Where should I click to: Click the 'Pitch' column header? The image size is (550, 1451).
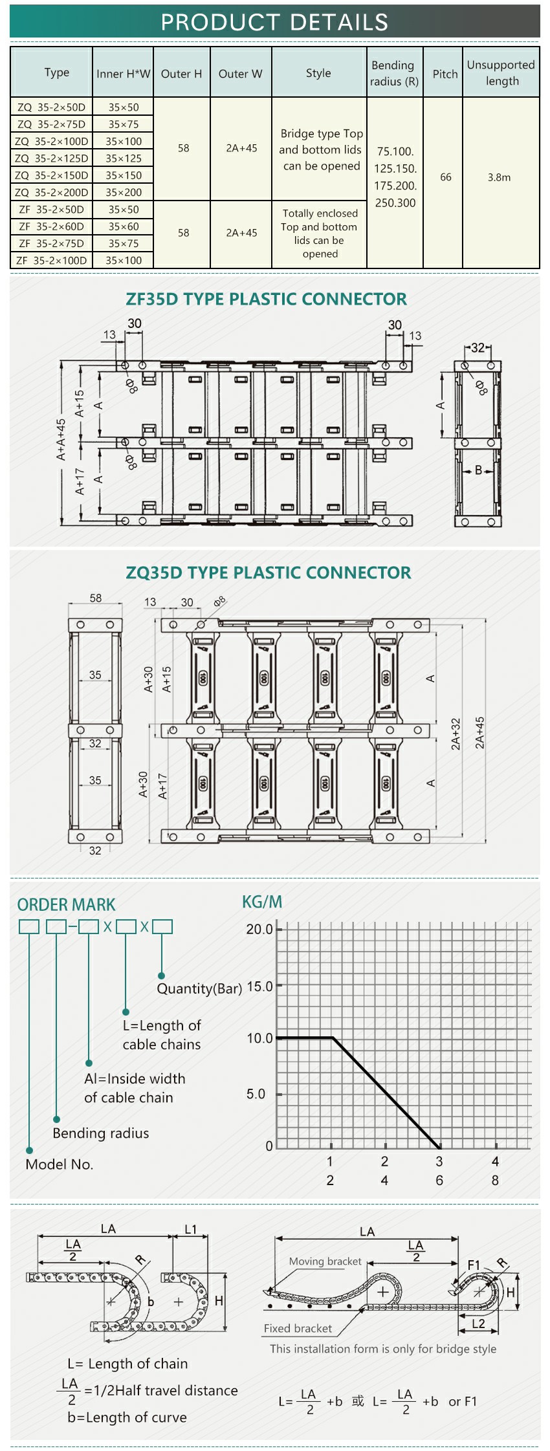tap(445, 74)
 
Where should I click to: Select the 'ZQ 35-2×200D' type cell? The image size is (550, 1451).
tap(52, 192)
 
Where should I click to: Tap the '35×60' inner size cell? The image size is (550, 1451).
tap(124, 226)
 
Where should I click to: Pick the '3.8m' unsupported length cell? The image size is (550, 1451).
tap(499, 177)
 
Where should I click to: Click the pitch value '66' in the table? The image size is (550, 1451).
tap(446, 177)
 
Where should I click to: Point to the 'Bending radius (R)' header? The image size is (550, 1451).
tap(394, 73)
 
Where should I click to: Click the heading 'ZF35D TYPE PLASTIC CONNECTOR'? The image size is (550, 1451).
tap(267, 299)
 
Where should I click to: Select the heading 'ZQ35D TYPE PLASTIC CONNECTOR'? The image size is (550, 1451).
tap(269, 573)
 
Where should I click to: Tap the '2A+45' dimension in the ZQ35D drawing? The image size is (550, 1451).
tap(479, 733)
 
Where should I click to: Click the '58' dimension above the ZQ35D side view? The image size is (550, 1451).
tap(96, 598)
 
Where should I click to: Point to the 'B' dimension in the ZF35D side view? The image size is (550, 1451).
tap(479, 470)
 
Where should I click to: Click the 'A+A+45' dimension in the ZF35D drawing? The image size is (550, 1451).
tap(61, 440)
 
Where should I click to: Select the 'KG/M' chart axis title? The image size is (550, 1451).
tap(262, 902)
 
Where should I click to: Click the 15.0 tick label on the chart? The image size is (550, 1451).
tap(260, 986)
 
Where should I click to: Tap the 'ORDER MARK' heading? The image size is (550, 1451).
tap(66, 905)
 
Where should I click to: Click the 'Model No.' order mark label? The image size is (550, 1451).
tap(60, 1164)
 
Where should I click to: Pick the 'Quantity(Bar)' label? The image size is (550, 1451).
tap(199, 988)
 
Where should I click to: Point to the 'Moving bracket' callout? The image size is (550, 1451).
tap(325, 1261)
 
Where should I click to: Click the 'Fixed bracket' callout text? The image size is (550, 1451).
tap(298, 1328)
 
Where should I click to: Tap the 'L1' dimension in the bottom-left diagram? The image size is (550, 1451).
tap(191, 1229)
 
